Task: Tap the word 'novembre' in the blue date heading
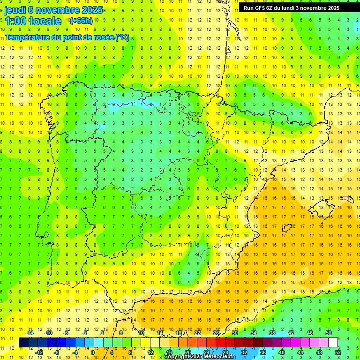[x=58, y=10]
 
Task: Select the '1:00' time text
[x=15, y=21]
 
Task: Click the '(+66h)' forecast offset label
[x=81, y=21]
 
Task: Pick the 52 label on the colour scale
[x=337, y=352]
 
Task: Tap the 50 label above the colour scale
[x=329, y=333]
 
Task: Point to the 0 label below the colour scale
[x=93, y=352]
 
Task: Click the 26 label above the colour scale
[x=216, y=333]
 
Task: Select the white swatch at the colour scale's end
[x=333, y=343]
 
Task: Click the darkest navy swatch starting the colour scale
[x=23, y=343]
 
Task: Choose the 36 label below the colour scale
[x=262, y=352]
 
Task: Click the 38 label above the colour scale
[x=272, y=333]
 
